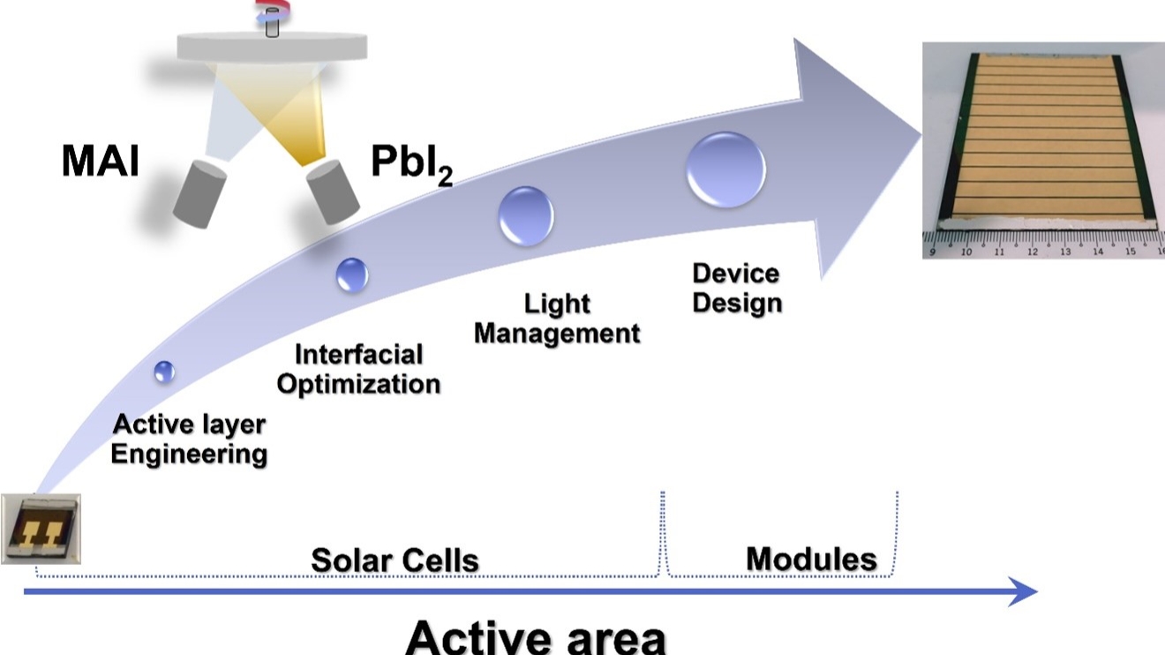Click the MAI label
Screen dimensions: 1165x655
click(x=101, y=161)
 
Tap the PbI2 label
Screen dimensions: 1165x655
click(x=411, y=164)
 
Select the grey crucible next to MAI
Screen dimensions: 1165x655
click(x=199, y=194)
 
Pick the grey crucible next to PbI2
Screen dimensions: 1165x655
click(x=333, y=192)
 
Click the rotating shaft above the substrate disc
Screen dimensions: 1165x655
click(x=272, y=22)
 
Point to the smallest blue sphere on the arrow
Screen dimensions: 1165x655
click(x=164, y=372)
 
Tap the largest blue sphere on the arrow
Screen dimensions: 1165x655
click(x=726, y=169)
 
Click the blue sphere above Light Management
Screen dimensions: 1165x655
click(x=526, y=216)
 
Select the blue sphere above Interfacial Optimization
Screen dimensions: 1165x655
click(x=352, y=275)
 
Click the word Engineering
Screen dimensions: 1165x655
click(x=189, y=455)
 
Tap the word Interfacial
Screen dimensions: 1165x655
click(x=359, y=355)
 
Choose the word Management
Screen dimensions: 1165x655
click(x=557, y=334)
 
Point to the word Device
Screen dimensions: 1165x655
click(x=736, y=274)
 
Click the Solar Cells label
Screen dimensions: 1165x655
click(x=395, y=561)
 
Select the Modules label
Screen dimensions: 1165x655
click(x=811, y=560)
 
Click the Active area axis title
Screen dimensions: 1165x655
click(x=536, y=636)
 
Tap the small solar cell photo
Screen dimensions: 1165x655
click(x=41, y=529)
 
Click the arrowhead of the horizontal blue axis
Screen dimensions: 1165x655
click(x=1023, y=591)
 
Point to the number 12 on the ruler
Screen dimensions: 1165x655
click(x=1032, y=252)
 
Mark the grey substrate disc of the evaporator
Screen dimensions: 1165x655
click(x=272, y=47)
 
